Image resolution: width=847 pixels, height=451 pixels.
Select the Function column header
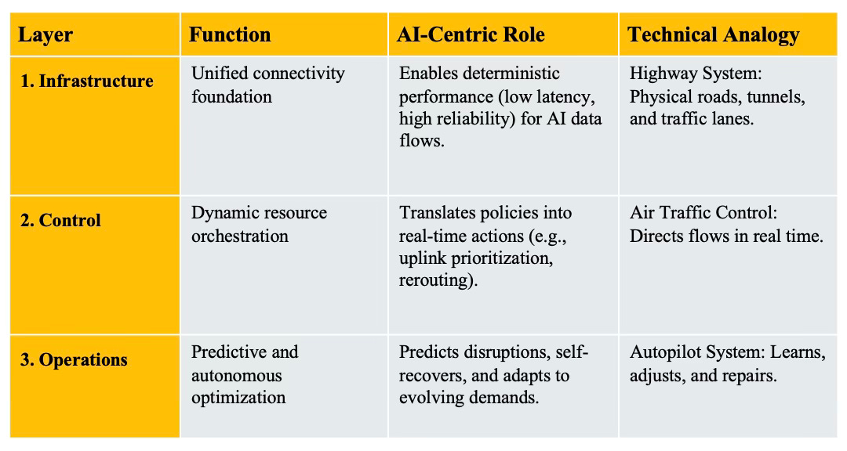[230, 35]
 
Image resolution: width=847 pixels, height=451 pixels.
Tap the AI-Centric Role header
[471, 35]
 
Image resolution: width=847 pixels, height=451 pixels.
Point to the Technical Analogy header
[714, 35]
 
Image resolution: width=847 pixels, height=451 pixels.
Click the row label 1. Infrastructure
[86, 81]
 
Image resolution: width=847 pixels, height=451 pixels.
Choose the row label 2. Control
[60, 221]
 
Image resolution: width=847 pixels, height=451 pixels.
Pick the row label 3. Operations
[73, 360]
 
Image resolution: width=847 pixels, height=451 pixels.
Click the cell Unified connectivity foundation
[267, 85]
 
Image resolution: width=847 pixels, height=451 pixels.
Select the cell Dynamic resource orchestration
[259, 224]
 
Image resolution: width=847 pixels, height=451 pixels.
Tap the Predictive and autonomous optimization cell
[245, 374]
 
